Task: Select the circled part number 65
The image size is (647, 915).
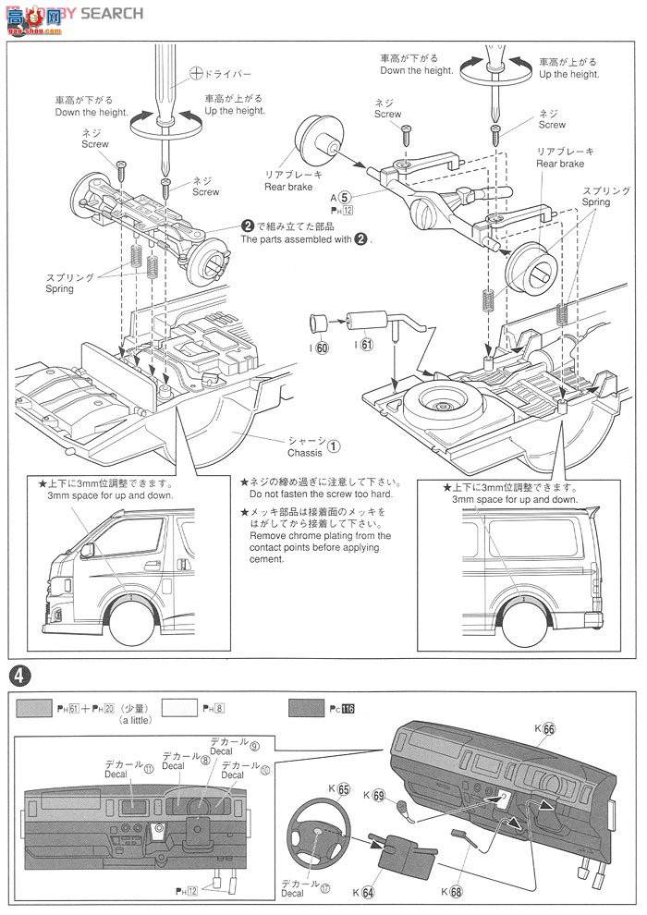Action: [x=344, y=763]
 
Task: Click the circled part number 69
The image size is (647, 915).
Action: [x=380, y=770]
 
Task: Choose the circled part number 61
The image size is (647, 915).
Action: [x=366, y=346]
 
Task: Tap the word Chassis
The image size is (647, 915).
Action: [x=302, y=454]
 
